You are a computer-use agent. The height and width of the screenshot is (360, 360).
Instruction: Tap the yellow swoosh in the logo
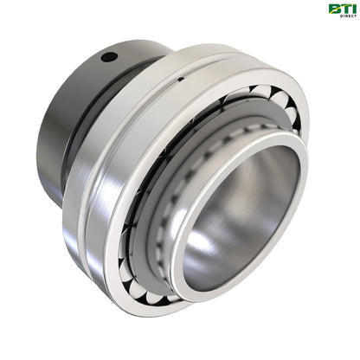337,5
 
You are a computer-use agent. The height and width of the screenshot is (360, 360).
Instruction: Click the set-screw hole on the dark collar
107,58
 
